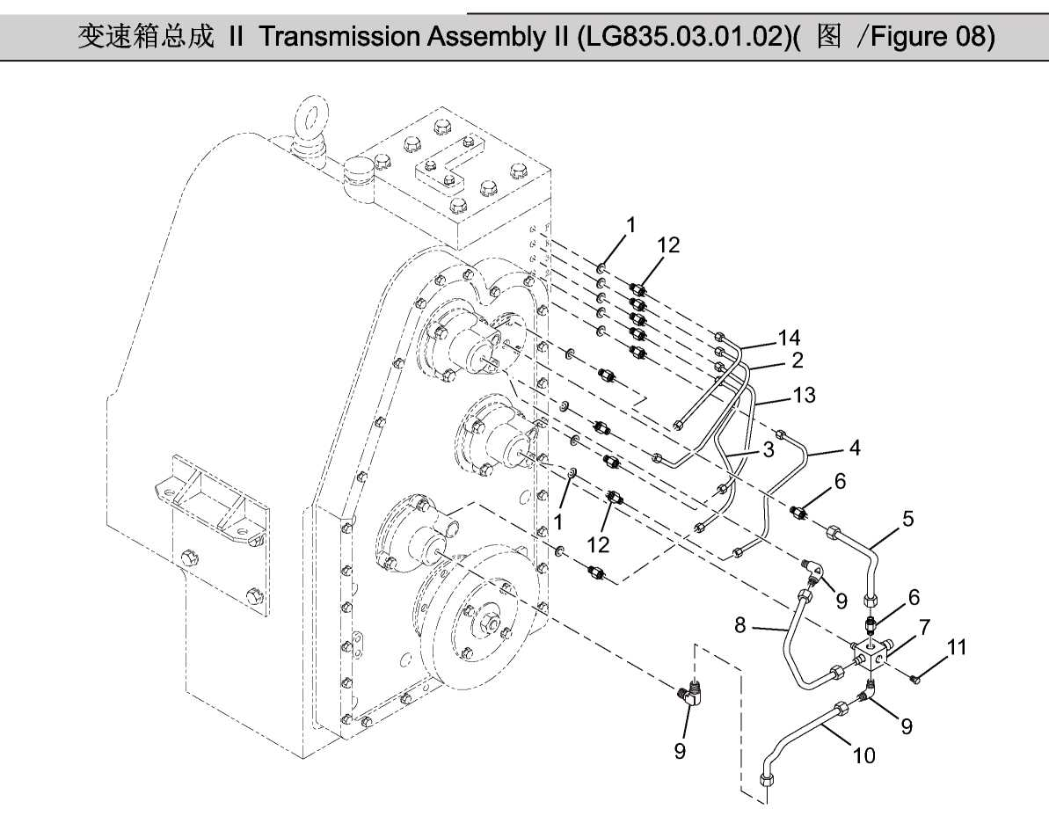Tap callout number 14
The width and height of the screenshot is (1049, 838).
click(790, 337)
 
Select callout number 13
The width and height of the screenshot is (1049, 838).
click(804, 395)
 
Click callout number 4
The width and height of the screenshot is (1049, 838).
click(854, 448)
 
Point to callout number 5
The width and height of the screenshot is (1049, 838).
click(907, 519)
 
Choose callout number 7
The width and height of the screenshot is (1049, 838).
click(924, 627)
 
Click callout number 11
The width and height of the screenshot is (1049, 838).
click(957, 648)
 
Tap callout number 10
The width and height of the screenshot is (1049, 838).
click(864, 754)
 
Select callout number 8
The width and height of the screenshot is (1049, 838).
click(739, 625)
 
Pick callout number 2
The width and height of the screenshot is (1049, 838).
click(798, 359)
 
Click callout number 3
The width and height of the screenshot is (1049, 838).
click(768, 451)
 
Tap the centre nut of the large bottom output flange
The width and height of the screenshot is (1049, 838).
click(486, 626)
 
